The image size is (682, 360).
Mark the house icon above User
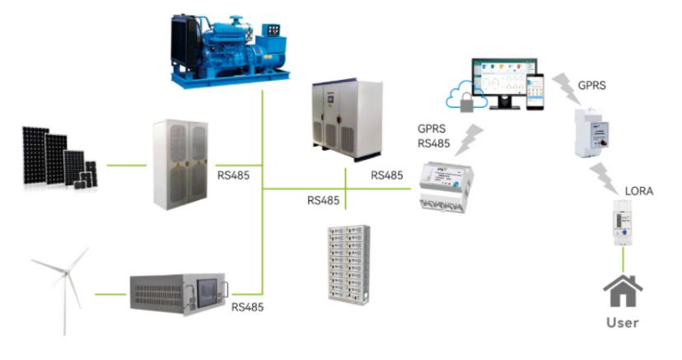[x=623, y=292]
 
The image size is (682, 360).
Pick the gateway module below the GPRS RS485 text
[x=444, y=187]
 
